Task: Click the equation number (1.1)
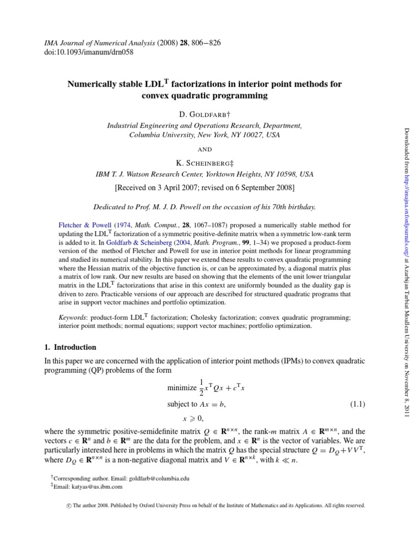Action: (x=356, y=404)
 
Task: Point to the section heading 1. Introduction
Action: (x=77, y=347)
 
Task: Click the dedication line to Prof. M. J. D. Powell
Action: (x=204, y=207)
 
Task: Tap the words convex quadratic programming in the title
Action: (x=204, y=96)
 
